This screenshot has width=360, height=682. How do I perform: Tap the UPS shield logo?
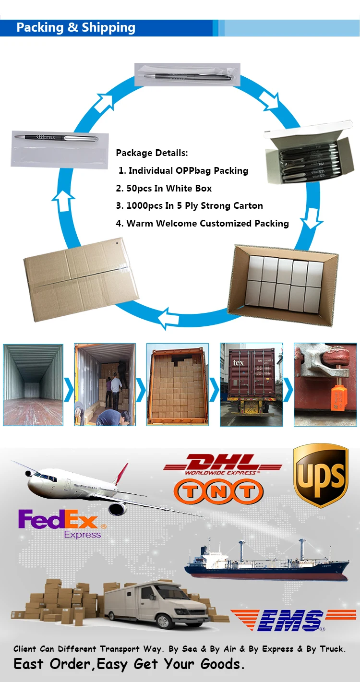[320, 475]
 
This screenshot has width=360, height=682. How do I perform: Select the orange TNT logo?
[219, 491]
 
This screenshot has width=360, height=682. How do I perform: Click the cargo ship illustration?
[266, 562]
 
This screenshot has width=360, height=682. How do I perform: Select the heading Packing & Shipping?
[76, 28]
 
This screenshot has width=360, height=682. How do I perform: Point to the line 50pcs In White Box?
[164, 188]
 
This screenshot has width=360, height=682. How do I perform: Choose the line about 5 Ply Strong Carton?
[190, 206]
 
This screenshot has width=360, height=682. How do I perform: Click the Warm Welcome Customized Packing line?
[203, 223]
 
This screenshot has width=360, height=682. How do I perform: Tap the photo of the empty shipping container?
[33, 384]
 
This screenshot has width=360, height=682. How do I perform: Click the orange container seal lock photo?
[325, 384]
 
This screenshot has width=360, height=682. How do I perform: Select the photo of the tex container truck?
[252, 384]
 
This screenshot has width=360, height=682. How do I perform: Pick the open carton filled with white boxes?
[286, 285]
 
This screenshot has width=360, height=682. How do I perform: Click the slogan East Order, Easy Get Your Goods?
[129, 664]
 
